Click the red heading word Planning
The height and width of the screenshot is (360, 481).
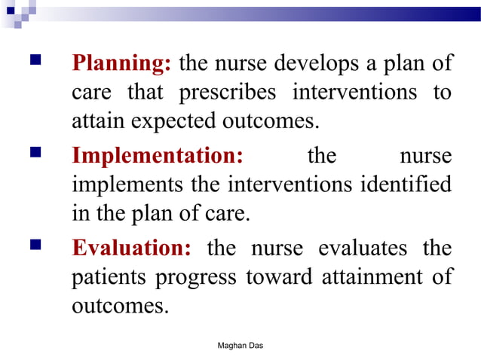click(121, 64)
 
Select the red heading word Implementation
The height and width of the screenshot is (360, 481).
click(158, 156)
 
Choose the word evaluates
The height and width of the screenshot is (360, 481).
click(362, 248)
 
